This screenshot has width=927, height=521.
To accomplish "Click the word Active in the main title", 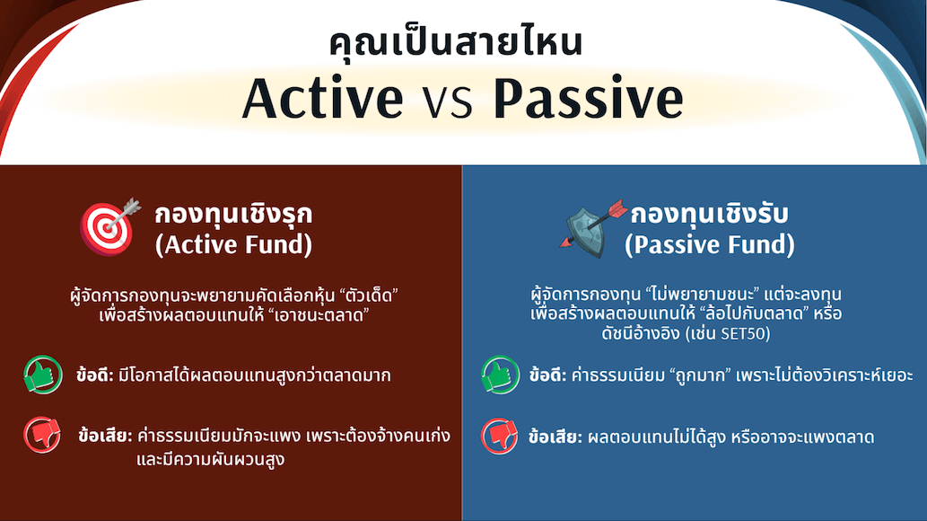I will pos(322,99).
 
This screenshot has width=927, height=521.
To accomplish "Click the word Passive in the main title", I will pos(588,99).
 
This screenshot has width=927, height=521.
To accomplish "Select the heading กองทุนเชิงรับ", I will pos(710,214).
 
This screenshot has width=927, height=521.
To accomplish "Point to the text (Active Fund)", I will pos(234,244).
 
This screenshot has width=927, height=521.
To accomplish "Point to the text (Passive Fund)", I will pos(710,244).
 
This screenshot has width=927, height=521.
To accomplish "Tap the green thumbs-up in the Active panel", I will pos(43,375).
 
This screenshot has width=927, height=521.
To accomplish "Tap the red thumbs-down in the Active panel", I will pos(43,436).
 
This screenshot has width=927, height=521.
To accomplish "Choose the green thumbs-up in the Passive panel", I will pos(501,375).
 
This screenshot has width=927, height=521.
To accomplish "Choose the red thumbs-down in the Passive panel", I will pos(501,437).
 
